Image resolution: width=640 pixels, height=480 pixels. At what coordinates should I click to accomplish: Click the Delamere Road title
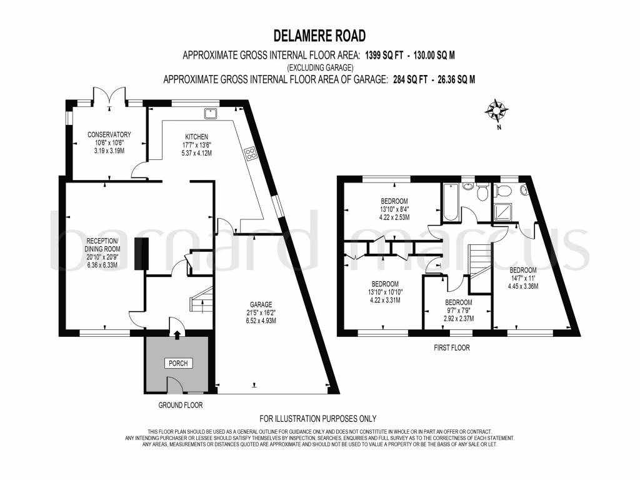pos(319,36)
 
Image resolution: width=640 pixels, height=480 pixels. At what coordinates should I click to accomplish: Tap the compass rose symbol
pos(496,110)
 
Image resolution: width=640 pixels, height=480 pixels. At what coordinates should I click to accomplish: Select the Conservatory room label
pos(109,134)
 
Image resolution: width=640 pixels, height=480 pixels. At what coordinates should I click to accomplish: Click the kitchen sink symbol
pos(211,112)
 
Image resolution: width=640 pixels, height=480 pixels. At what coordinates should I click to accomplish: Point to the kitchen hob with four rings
pos(250,154)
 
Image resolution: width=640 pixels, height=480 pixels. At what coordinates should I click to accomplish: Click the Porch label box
pos(178,363)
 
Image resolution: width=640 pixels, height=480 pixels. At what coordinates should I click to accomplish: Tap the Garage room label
pos(261,304)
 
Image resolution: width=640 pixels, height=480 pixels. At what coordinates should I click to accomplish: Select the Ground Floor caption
pos(181,405)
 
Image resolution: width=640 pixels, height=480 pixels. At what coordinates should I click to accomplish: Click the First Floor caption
pos(451,347)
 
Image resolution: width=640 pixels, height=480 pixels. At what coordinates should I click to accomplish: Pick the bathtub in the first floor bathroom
pos(451,202)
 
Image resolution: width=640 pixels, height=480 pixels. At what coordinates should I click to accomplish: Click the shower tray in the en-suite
pos(502,212)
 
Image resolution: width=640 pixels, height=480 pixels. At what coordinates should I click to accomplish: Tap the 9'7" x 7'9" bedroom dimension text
pos(459,311)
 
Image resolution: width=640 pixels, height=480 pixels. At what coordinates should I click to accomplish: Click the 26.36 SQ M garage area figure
pos(456,79)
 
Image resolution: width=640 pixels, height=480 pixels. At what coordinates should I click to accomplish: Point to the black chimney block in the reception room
pos(141,254)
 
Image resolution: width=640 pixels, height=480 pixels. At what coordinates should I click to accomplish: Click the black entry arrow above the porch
pos(177,336)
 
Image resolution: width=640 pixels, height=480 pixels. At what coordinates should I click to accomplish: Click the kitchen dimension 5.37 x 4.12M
pos(197,153)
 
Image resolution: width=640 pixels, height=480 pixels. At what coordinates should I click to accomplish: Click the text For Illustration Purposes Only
pos(318,419)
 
